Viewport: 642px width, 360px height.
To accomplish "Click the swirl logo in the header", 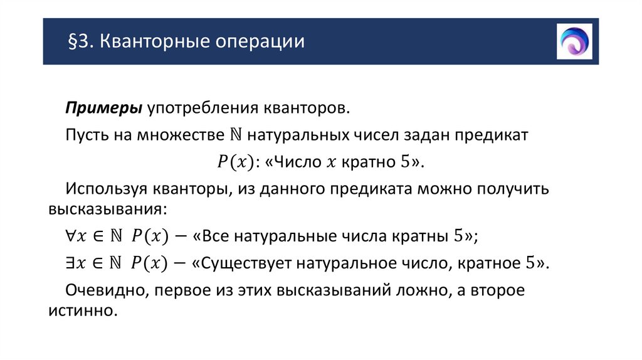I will (574, 41).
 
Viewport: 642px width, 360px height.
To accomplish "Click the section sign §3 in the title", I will (78, 43).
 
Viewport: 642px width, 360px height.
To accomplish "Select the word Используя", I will (111, 188).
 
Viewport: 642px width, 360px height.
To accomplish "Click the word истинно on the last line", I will (82, 310).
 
